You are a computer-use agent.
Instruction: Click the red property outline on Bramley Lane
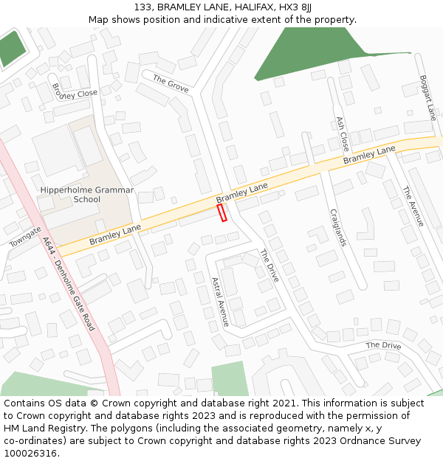pyautogui.click(x=221, y=212)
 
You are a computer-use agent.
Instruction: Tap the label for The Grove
pyautogui.click(x=171, y=83)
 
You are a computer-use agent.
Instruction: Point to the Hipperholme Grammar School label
pyautogui.click(x=87, y=195)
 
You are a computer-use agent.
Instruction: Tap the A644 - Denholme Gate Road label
pyautogui.click(x=69, y=283)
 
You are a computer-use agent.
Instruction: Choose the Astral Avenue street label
pyautogui.click(x=220, y=302)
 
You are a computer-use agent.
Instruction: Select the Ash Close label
pyautogui.click(x=342, y=134)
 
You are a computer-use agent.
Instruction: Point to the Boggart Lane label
pyautogui.click(x=428, y=97)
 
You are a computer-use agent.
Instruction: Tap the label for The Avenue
pyautogui.click(x=413, y=206)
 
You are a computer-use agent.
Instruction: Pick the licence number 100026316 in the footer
pyautogui.click(x=30, y=453)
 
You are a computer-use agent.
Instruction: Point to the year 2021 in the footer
pyautogui.click(x=284, y=403)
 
